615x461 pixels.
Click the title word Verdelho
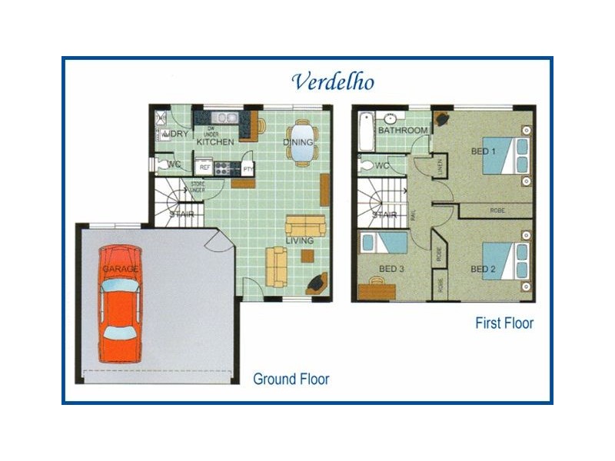point(333,81)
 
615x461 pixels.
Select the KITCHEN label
point(214,142)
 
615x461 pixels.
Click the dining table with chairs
point(301,143)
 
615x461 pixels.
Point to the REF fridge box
point(205,167)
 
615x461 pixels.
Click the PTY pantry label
point(248,167)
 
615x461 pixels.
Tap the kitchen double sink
point(224,118)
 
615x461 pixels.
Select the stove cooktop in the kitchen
point(226,167)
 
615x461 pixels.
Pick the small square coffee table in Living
point(307,256)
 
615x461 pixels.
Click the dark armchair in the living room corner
point(317,284)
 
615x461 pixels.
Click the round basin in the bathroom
point(391,118)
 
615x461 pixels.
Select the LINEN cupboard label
point(440,163)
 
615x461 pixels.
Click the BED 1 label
point(483,151)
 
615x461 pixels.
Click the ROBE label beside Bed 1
point(496,209)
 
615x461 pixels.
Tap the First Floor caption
point(504,323)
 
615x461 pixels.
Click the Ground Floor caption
point(291,379)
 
